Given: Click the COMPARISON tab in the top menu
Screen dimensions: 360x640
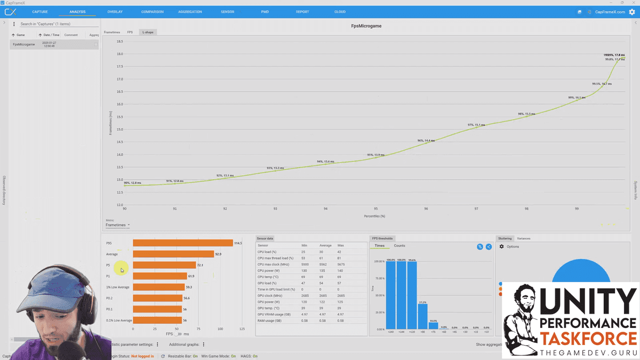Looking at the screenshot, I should click(x=152, y=12).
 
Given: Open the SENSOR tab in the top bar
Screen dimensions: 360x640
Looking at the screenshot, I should click(x=227, y=12).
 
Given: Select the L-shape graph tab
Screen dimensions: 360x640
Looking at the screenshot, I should click(x=148, y=32).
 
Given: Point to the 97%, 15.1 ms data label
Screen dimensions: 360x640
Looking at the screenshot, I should click(x=476, y=125).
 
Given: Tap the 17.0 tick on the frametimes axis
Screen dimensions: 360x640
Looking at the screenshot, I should click(x=120, y=79).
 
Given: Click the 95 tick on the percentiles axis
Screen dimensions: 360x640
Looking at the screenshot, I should click(x=376, y=209).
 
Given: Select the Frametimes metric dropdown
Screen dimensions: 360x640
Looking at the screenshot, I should click(x=117, y=225).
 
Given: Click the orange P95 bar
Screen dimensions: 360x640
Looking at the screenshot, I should click(x=182, y=243).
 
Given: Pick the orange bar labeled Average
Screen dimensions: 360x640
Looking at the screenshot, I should click(x=173, y=254).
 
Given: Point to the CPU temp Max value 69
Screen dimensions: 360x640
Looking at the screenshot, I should click(x=340, y=277).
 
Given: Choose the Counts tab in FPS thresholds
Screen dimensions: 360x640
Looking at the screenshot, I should click(x=399, y=246).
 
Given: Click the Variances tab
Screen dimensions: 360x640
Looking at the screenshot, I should click(x=523, y=238).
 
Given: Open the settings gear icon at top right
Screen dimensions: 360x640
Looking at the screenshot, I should click(x=632, y=12).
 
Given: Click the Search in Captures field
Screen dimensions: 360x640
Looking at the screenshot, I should click(x=58, y=24).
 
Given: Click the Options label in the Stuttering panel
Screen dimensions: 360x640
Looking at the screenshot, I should click(x=513, y=247).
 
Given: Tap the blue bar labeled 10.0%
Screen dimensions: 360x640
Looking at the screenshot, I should click(x=433, y=326).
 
